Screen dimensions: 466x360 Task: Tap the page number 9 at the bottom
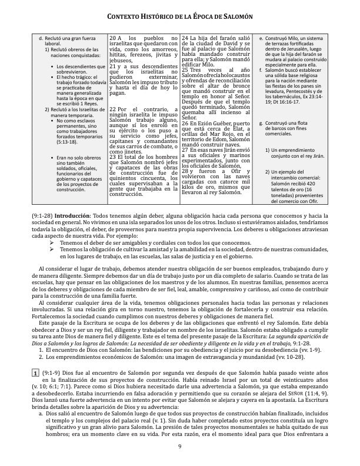[180, 447]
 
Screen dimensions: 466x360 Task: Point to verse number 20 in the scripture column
[114, 38]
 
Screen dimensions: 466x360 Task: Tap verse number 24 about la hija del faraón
[186, 38]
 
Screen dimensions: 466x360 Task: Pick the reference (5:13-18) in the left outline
[68, 141]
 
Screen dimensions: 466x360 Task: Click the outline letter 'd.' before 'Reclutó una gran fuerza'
[41, 38]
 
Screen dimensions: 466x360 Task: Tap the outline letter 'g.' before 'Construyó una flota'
[261, 124]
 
